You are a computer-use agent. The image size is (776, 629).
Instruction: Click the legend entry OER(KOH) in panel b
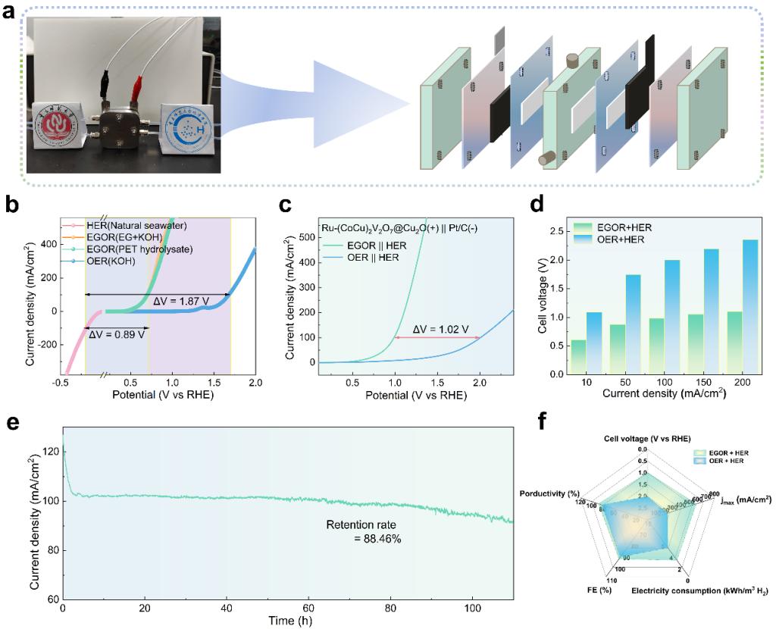(x=99, y=261)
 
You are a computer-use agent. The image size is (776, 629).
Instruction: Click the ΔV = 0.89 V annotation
(x=118, y=332)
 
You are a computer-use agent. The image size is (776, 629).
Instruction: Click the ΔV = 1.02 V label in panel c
(x=439, y=329)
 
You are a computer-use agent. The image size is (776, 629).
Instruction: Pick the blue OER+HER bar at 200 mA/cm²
(x=729, y=307)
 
